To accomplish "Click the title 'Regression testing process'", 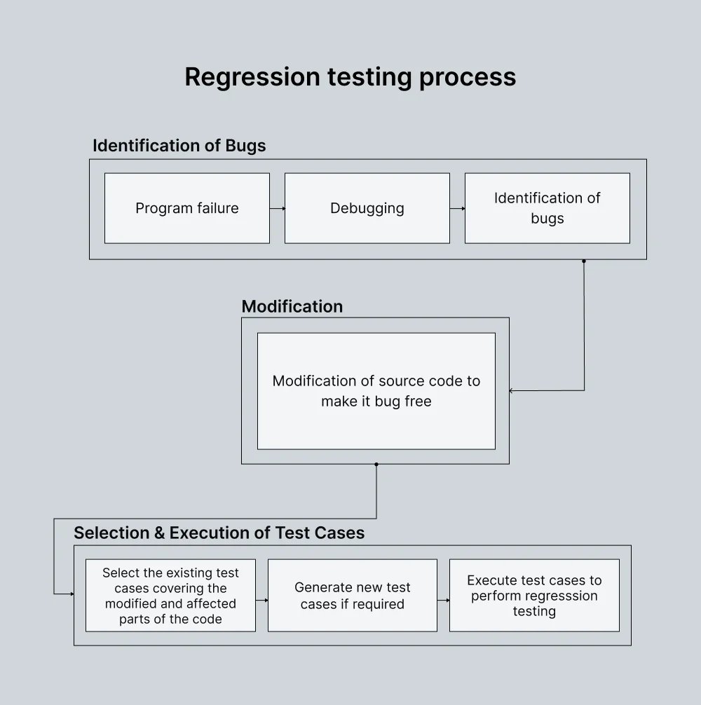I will pyautogui.click(x=350, y=76).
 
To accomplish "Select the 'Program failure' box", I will pyautogui.click(x=187, y=208).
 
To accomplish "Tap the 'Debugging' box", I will pyautogui.click(x=367, y=208).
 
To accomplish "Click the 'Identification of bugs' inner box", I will pyautogui.click(x=547, y=208).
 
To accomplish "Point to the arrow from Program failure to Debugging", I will pyautogui.click(x=277, y=208).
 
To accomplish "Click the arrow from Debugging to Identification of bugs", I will pyautogui.click(x=457, y=208).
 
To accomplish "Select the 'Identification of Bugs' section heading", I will pyautogui.click(x=179, y=146).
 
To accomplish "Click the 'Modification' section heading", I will pyautogui.click(x=292, y=306).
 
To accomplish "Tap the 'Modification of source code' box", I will pyautogui.click(x=376, y=391).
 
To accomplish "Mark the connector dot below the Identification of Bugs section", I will pyautogui.click(x=584, y=261).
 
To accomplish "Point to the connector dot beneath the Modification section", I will pyautogui.click(x=376, y=464).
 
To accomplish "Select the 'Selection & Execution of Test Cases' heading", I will pyautogui.click(x=219, y=533).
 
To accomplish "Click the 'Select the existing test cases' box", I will pyautogui.click(x=170, y=596).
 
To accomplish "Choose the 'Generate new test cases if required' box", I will pyautogui.click(x=353, y=596).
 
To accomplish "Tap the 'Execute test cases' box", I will pyautogui.click(x=534, y=596).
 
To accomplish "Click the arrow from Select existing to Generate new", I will pyautogui.click(x=261, y=600).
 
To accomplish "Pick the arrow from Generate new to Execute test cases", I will pyautogui.click(x=443, y=600).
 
